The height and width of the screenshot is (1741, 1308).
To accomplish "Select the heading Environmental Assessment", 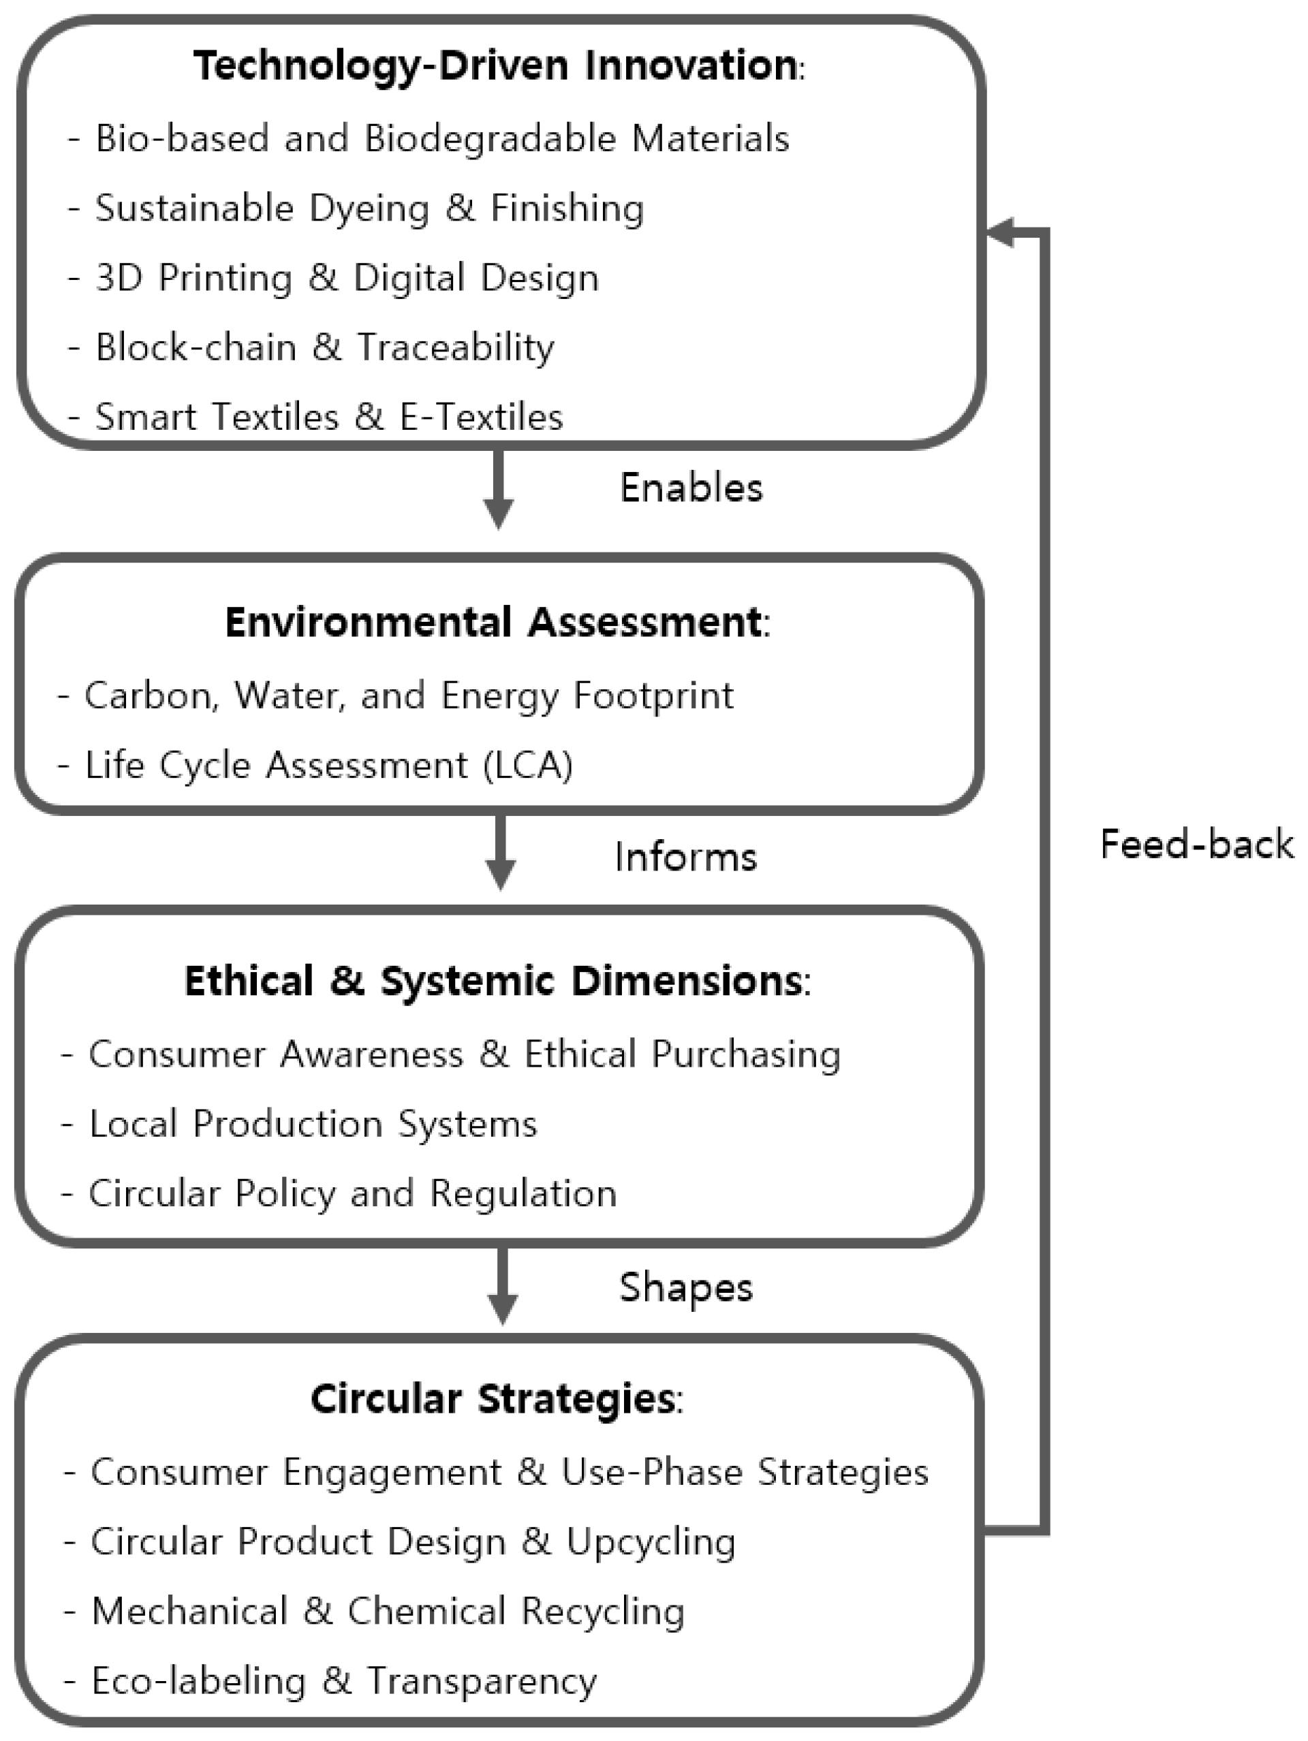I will (497, 623).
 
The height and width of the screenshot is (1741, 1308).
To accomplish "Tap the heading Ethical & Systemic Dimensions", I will (497, 982).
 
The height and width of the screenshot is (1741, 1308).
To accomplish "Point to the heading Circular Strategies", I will (497, 1398).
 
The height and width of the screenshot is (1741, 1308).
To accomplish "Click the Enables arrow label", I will (691, 488).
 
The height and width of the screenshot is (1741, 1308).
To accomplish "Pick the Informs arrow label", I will (685, 857).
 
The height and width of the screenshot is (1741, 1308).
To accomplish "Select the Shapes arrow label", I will (685, 1287).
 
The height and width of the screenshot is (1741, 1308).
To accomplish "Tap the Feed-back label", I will (1196, 845).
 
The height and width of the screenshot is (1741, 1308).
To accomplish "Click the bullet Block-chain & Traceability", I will (324, 347).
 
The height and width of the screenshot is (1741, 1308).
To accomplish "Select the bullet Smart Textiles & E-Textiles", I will (329, 417).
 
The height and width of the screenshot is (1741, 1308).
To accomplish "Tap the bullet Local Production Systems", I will (313, 1124).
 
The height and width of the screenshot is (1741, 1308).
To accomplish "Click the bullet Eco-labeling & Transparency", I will (344, 1680).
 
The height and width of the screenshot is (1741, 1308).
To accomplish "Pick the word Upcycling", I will (651, 1542).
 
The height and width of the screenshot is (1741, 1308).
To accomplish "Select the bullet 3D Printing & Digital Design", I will (346, 278).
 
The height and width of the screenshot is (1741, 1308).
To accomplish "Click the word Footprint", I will (653, 695).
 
